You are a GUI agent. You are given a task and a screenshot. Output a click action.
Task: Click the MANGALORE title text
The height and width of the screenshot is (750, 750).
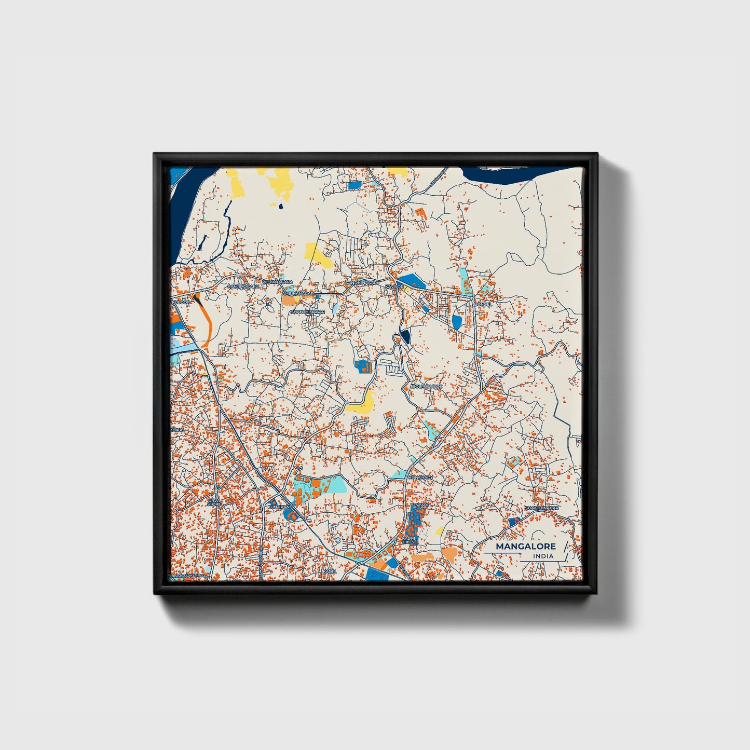525,546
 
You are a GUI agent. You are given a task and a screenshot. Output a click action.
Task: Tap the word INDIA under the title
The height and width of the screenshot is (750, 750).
543,556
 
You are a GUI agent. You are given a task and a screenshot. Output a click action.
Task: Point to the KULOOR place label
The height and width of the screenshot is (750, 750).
181,302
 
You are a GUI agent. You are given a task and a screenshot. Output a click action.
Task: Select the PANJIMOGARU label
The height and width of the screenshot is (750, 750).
242,286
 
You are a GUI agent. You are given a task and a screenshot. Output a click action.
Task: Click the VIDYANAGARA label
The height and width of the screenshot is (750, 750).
277,282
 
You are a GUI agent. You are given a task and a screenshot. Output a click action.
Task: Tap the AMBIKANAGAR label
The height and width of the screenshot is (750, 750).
298,293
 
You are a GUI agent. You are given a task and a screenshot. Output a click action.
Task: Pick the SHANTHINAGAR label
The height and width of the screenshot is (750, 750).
307,311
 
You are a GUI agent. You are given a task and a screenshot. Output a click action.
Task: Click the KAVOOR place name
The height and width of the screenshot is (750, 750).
394,287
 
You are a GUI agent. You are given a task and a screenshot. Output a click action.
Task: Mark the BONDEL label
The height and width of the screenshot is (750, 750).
482,304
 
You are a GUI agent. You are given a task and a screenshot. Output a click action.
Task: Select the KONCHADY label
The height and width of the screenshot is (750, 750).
420,477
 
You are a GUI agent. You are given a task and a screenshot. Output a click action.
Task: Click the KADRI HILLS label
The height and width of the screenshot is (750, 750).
408,541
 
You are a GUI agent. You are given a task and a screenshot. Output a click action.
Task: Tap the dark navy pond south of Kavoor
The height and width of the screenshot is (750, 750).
405,337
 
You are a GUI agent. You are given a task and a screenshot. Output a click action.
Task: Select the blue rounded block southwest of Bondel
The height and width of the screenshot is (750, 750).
457,322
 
